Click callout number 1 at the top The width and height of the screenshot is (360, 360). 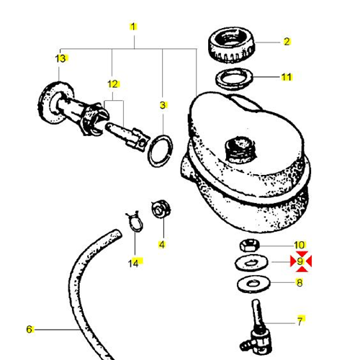133,27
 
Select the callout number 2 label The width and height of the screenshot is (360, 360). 287,42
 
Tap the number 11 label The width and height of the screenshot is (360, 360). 287,76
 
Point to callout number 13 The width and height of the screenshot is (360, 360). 60,58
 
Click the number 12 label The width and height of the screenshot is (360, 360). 112,84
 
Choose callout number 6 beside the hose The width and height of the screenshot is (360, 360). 30,330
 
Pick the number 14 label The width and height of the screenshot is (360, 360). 133,264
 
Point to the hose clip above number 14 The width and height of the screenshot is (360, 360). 132,220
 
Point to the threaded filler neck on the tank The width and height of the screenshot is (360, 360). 238,148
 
